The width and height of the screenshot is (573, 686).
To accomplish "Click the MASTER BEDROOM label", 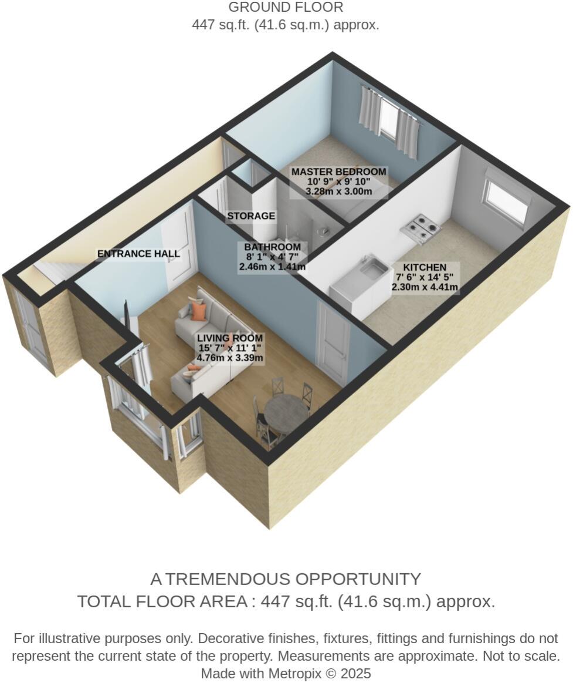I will (x=339, y=171).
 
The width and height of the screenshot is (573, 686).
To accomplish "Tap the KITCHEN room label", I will (x=425, y=267).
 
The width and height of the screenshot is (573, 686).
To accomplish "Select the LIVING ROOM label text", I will (x=230, y=338).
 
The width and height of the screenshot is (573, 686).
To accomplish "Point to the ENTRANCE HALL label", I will (x=138, y=254).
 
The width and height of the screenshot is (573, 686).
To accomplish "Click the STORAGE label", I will (x=251, y=216).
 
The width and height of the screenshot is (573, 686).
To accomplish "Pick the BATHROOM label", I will (x=272, y=247).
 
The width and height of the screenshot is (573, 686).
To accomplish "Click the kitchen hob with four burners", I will (x=422, y=228).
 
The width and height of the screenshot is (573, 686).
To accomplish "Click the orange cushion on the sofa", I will (x=199, y=311).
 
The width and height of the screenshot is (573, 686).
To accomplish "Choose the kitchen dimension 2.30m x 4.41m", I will (x=425, y=288).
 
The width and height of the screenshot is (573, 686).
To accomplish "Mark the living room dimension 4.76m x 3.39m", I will (x=230, y=358).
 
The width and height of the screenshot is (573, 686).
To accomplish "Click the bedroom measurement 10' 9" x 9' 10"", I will (x=339, y=181).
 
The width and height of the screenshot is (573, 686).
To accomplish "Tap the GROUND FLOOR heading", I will (x=286, y=8).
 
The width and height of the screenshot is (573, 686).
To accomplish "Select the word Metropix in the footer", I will (x=296, y=673).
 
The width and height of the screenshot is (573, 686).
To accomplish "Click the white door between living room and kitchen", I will (x=332, y=335).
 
